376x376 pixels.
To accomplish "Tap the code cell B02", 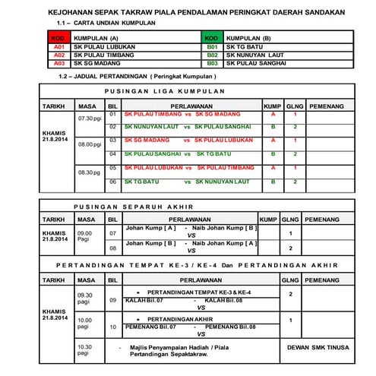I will [213, 55].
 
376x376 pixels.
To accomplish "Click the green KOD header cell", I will [213, 37].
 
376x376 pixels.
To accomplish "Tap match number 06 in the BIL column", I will [112, 182].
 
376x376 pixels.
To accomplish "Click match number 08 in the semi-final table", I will [112, 248].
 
